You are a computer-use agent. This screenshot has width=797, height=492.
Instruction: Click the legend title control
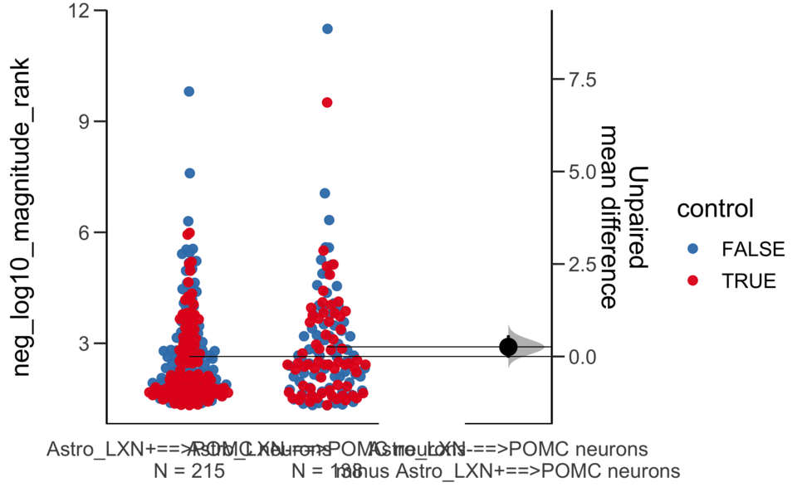715,209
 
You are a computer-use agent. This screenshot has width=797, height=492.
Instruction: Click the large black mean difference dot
509,347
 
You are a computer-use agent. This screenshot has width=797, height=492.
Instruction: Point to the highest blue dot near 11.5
327,28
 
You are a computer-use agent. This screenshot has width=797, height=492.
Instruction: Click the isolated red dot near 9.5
327,102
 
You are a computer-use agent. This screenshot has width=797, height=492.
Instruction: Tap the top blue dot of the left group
189,91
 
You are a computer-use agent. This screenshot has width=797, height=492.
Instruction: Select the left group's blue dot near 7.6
189,173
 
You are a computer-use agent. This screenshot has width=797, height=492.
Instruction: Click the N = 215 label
190,471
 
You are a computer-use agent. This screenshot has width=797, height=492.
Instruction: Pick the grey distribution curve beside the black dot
530,347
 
